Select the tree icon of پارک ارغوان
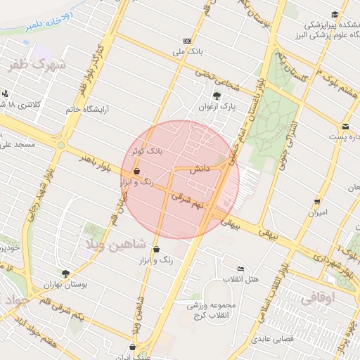pos(216,96)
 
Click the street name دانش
pos(200,169)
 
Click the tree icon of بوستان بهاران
pos(65,274)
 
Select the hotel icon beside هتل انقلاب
pos(241,269)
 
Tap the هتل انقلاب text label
pos(240,279)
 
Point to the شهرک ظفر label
pos(37,66)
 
